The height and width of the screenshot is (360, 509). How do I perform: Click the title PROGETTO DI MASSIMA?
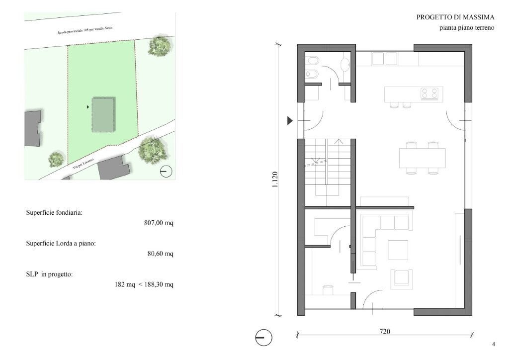coord(455,17)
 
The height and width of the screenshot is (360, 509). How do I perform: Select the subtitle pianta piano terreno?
coord(467,27)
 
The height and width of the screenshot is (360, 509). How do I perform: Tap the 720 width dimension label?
coord(385,332)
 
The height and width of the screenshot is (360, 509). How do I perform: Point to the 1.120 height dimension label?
coord(274,180)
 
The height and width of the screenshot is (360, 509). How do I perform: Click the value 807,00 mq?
coord(159,223)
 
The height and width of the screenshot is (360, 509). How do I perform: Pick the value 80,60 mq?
coord(161,254)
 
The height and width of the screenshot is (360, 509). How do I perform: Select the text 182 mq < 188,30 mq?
coord(144,284)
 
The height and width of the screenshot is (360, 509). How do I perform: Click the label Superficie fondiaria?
coord(54,213)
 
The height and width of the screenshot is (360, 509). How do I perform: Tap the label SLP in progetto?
coord(49,274)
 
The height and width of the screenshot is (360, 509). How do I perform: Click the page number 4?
coord(494,345)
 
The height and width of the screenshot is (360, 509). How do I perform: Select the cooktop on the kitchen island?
coord(429,93)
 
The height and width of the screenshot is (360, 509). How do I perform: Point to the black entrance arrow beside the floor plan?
coord(290,121)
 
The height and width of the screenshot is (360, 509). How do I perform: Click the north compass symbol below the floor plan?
coord(263,338)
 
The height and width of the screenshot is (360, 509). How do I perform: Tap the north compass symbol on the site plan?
coord(166,171)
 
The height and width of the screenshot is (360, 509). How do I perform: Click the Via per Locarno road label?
coord(84,163)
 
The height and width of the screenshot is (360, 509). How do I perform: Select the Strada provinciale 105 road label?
coord(85,30)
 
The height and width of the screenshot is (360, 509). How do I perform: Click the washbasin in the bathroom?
coord(345,64)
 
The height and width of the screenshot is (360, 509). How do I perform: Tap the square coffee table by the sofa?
coord(398,250)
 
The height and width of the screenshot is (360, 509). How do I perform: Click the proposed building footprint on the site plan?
coord(103,114)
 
